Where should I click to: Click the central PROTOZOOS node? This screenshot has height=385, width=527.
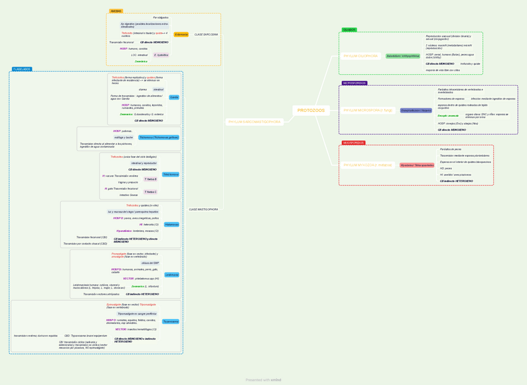coord(311,111)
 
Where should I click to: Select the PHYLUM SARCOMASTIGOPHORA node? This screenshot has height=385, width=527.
coord(254,122)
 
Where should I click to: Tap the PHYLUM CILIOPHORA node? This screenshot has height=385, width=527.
coord(360,56)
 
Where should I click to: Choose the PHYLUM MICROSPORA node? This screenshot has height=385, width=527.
coord(368,111)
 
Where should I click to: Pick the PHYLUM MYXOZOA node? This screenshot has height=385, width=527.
coord(368,165)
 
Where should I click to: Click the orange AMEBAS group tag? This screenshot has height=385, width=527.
coord(116,11)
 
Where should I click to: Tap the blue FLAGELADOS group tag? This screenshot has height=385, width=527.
coord(22,70)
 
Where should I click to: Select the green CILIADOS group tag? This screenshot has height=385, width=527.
coord(349,30)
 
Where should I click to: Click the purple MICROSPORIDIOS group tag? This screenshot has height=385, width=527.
coord(354,83)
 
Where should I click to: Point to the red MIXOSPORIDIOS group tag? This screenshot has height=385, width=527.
coord(354,143)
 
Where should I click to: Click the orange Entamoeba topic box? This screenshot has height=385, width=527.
coord(181,35)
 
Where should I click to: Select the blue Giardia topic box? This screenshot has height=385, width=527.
coord(174,98)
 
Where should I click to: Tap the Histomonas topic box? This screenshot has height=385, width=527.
coord(172,225)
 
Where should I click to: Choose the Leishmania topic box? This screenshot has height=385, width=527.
coord(172,274)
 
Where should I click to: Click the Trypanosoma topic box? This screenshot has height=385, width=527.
coord(170,322)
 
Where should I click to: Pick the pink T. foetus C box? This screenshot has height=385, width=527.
coord(150,192)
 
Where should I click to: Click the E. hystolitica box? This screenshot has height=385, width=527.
coord(161,55)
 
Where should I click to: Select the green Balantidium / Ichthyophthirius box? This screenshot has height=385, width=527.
coord(403,56)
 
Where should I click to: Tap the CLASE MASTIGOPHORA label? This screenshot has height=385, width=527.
coord(203,210)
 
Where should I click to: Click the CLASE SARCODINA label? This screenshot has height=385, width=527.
coord(206,35)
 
